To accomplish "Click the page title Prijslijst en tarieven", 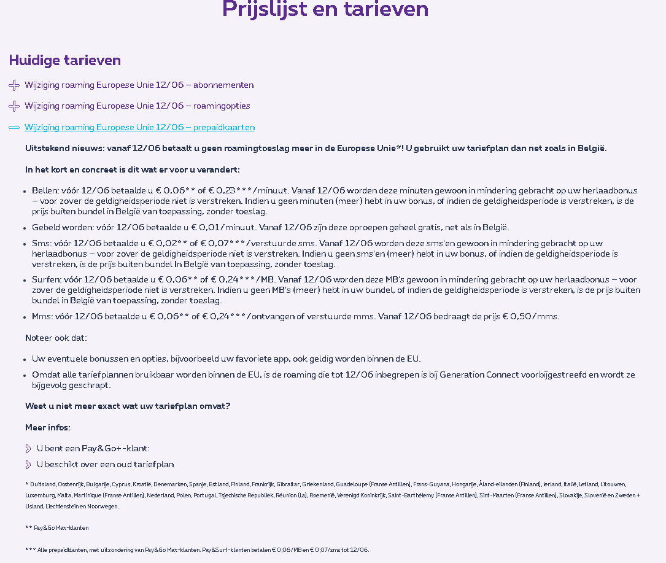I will [325, 10].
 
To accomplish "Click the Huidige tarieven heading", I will [64, 60].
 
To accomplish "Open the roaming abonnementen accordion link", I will [139, 85].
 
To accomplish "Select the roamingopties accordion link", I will [137, 106].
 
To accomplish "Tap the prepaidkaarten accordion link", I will [139, 128].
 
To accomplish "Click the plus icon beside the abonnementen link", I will [14, 85].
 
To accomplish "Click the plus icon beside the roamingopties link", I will [14, 106].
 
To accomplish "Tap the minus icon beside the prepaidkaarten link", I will [14, 128].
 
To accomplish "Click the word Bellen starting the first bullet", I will [44, 191].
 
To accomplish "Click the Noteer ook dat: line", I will [56, 338].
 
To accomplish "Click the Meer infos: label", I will [48, 428].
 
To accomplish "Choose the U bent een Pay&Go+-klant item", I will [93, 449].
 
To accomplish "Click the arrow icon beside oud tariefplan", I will [28, 465].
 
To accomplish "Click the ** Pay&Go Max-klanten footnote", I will [57, 528].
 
